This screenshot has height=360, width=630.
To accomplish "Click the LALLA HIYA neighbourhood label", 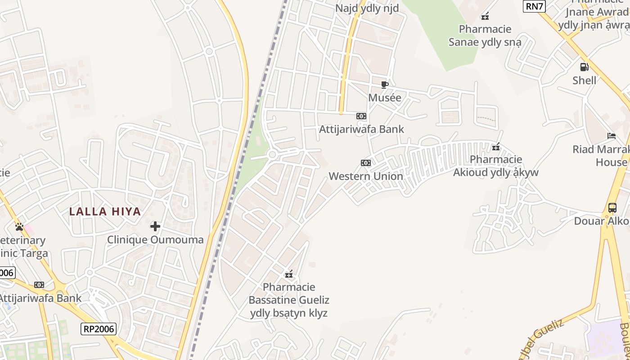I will pos(105,211).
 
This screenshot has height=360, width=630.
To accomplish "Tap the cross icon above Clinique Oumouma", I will pos(155,226).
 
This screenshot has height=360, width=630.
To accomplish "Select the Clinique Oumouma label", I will pos(155,240).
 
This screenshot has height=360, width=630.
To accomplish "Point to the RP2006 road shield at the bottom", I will pos(99,329).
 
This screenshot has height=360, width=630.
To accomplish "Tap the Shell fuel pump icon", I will pos(584,67).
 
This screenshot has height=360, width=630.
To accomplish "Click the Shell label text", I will pos(584,81).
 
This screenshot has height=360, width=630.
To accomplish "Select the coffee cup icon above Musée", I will pos(384,85).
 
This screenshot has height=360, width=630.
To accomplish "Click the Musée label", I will pos(384,98).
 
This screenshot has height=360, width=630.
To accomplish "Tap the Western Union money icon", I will pos(366,163).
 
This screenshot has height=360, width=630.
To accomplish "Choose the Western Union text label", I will pos(366,176).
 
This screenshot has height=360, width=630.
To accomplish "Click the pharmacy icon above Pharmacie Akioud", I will pos(496,147).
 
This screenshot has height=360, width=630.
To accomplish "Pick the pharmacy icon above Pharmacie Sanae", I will pos(485,17).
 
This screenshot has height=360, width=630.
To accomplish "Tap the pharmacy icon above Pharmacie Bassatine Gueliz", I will pos(289,274).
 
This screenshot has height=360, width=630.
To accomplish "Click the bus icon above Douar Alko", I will pos(612,208).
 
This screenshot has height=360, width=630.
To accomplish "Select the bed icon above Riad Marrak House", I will pos(611,135).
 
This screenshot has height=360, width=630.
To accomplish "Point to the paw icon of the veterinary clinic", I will pos(19,226).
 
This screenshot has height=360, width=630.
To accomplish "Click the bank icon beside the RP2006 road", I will pos(39,285).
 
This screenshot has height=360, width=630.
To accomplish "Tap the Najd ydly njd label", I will pos(367,8).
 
